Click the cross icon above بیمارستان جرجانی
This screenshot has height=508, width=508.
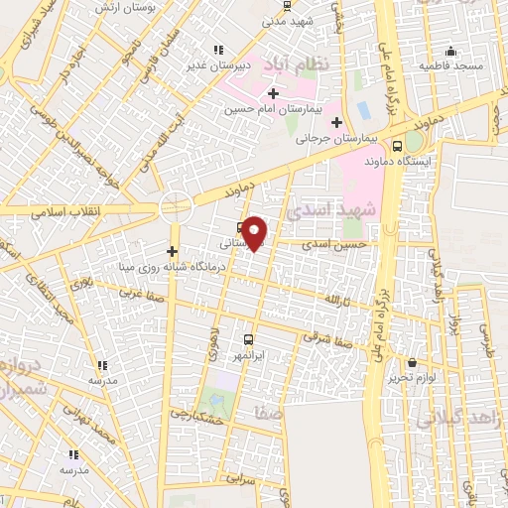(x=336, y=123)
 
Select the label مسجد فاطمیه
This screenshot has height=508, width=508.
(x=452, y=65)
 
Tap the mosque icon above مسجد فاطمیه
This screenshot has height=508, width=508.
(x=451, y=51)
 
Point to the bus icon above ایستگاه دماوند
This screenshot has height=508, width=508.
(x=398, y=145)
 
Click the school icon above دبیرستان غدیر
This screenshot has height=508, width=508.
(x=216, y=50)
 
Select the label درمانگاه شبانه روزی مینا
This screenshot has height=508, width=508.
(x=173, y=267)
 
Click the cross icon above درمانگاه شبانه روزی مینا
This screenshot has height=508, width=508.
(x=173, y=251)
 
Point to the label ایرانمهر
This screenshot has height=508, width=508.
(x=247, y=353)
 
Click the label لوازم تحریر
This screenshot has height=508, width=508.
(x=412, y=378)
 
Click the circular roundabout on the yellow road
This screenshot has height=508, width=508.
(x=176, y=207)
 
